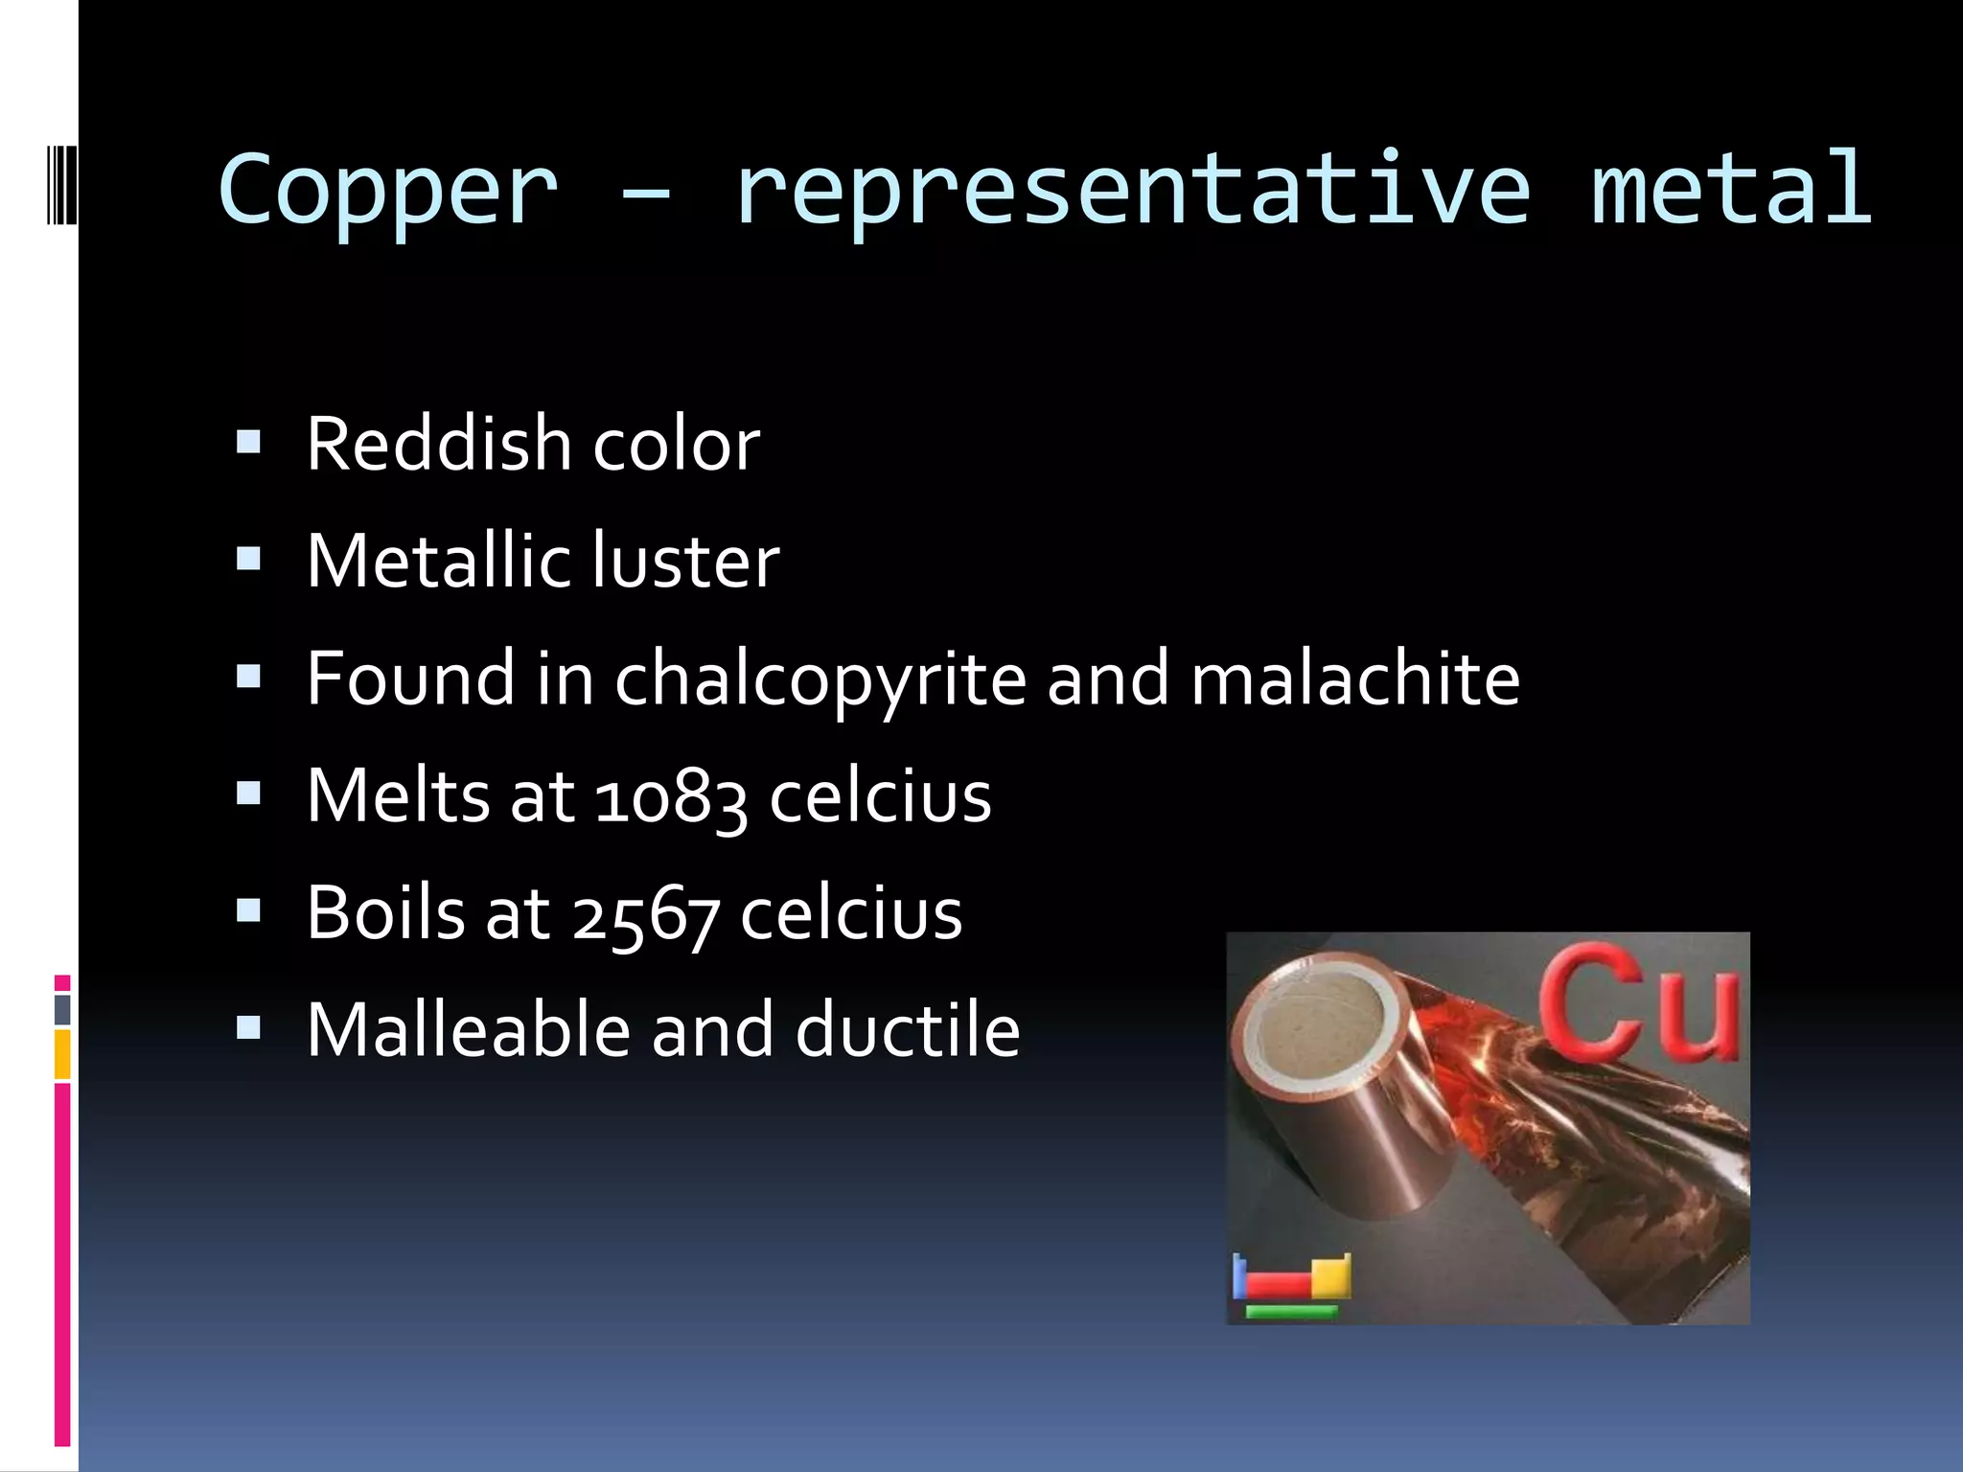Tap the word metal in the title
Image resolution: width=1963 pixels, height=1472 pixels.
coord(1730,190)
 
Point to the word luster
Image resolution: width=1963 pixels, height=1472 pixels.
coord(686,562)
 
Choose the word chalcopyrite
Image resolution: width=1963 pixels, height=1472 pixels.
coord(820,680)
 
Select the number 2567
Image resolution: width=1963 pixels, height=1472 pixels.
coord(645,915)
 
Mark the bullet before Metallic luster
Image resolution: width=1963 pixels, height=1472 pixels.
coord(248,559)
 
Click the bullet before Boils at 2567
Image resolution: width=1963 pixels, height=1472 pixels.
coord(248,910)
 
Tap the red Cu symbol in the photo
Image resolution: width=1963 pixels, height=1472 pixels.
coord(1639,1001)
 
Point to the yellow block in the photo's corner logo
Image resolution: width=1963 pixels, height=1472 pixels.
coord(1330,1276)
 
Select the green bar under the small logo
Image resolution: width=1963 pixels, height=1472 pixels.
coord(1291,1312)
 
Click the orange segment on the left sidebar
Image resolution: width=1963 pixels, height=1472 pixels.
coord(62,1054)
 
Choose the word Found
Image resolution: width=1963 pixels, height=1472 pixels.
coord(410,678)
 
